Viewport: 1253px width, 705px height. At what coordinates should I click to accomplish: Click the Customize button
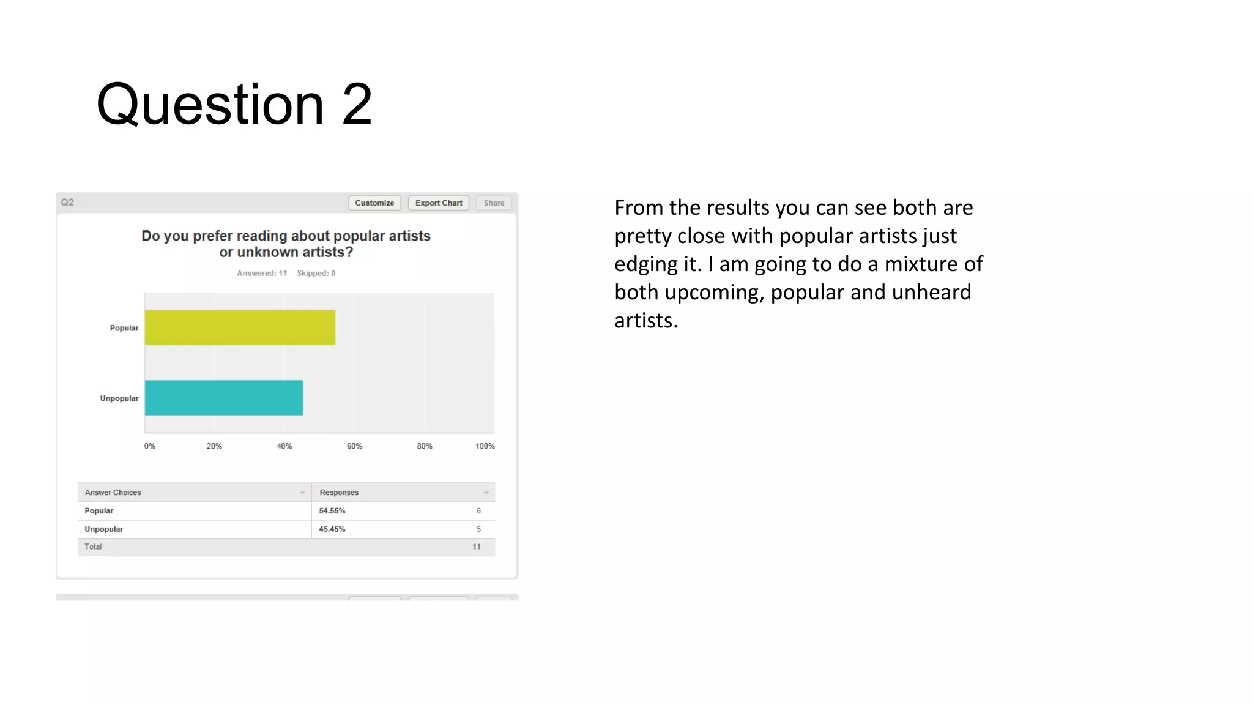coord(374,203)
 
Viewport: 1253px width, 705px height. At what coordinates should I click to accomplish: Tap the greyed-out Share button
coord(494,203)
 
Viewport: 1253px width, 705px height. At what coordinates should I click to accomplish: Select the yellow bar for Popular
coord(240,327)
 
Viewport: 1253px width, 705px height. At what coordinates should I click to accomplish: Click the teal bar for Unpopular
coord(224,398)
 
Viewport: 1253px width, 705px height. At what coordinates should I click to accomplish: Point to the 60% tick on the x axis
coord(354,446)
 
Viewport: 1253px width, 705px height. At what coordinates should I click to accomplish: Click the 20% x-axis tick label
coord(214,446)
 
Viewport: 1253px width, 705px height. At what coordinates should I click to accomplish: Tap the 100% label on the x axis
coord(485,446)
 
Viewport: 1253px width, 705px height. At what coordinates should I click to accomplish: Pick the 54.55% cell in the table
coord(332,511)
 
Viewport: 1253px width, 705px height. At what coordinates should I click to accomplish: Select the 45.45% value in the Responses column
coord(332,529)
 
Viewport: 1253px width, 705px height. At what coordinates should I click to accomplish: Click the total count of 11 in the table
coord(477,547)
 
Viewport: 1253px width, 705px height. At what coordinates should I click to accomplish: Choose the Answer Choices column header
coord(113,493)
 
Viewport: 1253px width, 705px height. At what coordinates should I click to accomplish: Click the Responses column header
coord(339,493)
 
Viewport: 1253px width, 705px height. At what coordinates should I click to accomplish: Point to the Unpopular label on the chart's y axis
coord(119,398)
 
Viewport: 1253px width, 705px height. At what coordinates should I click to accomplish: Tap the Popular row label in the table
coord(99,511)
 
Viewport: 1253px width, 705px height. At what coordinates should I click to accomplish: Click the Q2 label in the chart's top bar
coord(67,203)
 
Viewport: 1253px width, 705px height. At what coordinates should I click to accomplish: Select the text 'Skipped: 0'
coord(316,274)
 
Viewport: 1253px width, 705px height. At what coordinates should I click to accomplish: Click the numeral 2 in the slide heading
coord(357,105)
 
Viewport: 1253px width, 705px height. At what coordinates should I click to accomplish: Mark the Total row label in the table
coord(93,547)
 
